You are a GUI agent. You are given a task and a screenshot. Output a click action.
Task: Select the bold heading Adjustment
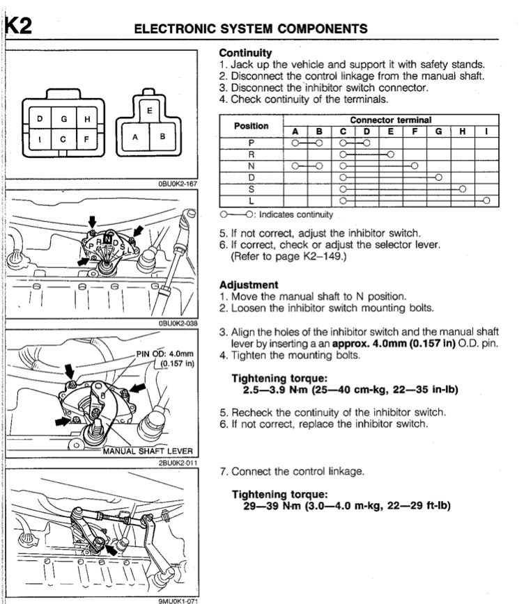(249, 285)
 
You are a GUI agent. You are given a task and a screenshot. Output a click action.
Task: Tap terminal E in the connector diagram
(149, 110)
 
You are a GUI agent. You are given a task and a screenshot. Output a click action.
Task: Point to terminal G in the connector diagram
(63, 119)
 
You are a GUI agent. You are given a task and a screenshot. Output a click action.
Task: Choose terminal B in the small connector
(162, 137)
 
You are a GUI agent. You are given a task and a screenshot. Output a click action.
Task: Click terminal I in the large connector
(40, 139)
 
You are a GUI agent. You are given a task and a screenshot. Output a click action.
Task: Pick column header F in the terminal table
(415, 131)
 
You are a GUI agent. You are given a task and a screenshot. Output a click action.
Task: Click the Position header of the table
(252, 126)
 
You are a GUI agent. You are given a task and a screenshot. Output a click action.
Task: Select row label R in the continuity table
(252, 154)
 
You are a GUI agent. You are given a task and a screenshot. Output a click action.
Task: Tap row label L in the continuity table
(252, 200)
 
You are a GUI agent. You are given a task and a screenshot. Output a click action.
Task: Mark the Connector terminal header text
(390, 120)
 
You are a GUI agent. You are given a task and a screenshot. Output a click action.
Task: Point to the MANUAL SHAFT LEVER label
(147, 451)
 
